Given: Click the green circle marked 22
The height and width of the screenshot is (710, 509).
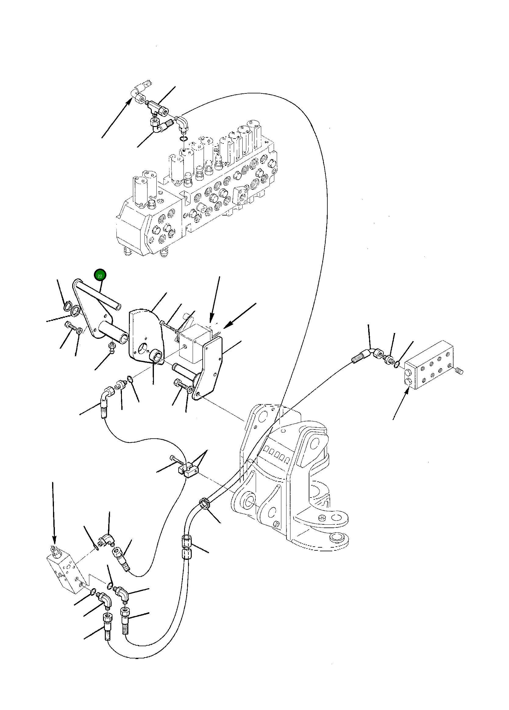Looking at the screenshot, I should click(x=100, y=276).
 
